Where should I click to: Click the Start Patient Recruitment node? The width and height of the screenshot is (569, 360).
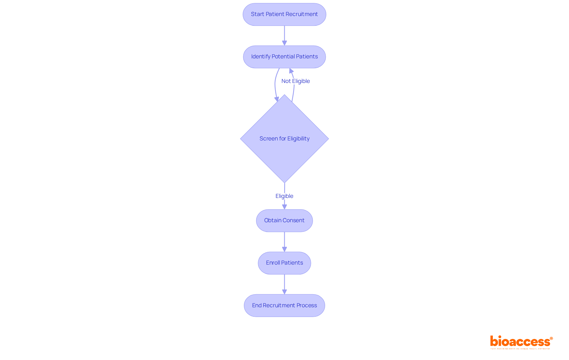tap(284, 14)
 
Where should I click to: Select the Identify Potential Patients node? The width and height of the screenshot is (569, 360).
tap(284, 57)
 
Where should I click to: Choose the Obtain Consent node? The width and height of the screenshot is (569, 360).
tap(284, 220)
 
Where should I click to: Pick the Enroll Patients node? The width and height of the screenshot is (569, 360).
tap(284, 263)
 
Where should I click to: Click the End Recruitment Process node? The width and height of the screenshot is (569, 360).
tap(284, 305)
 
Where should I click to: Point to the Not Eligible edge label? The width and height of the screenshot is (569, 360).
tap(295, 81)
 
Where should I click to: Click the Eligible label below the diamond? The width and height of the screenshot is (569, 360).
tap(284, 196)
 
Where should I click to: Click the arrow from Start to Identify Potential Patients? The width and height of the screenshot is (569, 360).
tap(284, 35)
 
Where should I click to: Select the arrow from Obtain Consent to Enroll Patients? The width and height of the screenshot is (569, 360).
tap(284, 241)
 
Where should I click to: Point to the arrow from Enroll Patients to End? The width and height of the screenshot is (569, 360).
tap(284, 284)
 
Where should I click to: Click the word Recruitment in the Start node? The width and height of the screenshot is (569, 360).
tap(300, 14)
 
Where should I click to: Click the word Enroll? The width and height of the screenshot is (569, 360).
tap(273, 263)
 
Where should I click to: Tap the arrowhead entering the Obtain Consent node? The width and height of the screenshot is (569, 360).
tap(284, 207)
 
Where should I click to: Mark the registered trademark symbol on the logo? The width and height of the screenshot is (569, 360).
tap(551, 338)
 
